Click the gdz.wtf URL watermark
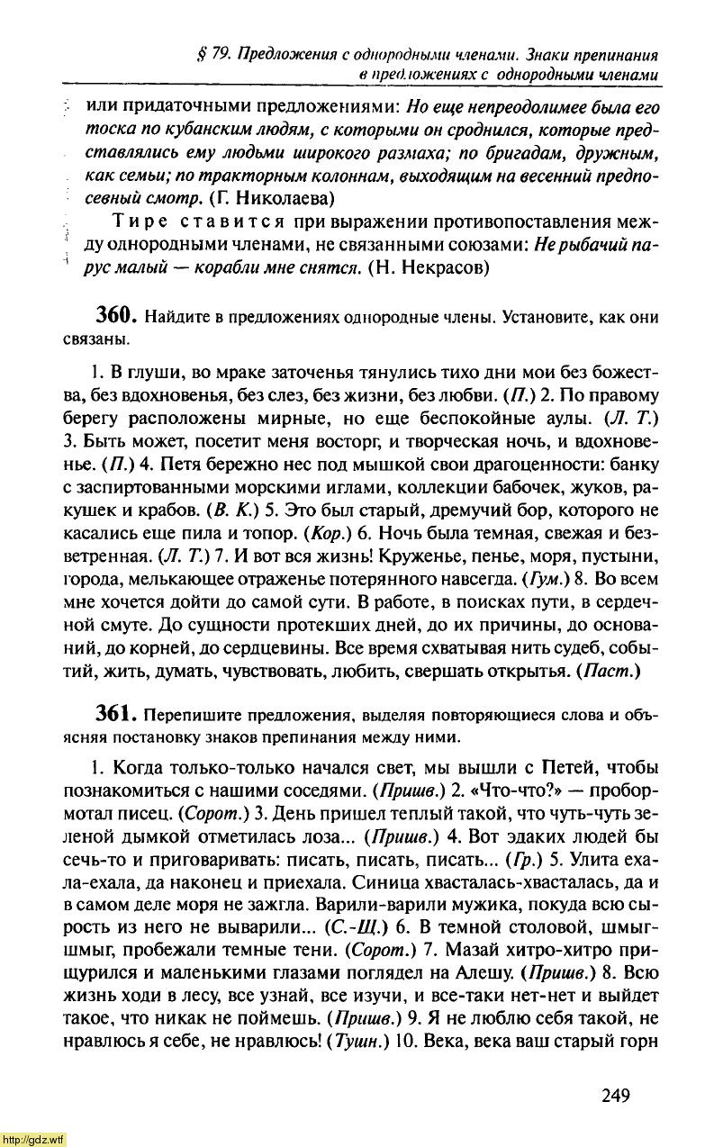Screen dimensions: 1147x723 coord(33,1139)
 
